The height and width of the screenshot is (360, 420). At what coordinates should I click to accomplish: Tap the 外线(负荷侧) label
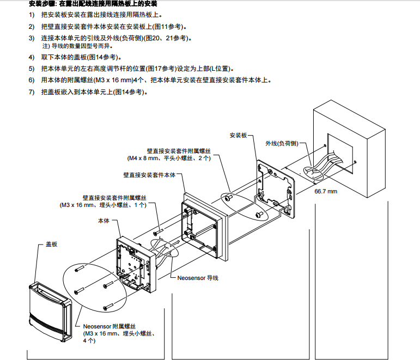click(x=282, y=143)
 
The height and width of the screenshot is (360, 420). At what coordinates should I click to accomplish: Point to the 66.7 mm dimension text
click(x=325, y=192)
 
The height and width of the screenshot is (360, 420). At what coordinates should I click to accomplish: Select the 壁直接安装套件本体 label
click(x=149, y=175)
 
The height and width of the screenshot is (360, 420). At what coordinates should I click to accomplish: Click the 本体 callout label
click(x=104, y=221)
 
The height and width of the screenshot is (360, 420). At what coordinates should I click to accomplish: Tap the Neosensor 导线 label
click(x=198, y=278)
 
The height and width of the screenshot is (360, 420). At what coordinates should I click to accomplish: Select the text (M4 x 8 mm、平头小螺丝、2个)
click(x=169, y=158)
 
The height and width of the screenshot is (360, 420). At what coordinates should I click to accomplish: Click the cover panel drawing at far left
click(x=49, y=310)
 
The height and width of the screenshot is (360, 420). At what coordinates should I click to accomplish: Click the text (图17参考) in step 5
click(x=159, y=69)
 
